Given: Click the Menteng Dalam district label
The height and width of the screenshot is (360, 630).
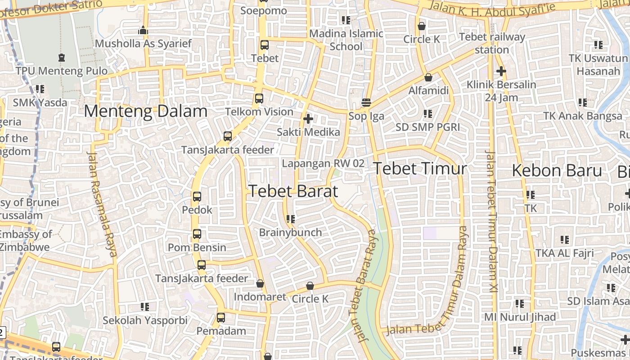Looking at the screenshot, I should (146, 111).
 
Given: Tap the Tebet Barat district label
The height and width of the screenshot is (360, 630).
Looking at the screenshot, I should (293, 191).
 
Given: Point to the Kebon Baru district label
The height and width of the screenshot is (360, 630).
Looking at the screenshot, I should (557, 171).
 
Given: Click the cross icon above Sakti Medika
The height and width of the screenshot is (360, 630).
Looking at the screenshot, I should (308, 119).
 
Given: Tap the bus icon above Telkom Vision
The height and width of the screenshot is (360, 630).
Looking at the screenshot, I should (259, 98).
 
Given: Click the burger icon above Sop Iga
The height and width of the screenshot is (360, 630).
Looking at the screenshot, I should (366, 103).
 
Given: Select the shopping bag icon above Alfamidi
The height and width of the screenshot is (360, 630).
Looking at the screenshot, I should (428, 77).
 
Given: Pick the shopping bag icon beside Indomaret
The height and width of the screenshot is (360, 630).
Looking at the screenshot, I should (260, 283).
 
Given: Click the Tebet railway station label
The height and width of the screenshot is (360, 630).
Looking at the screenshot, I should (492, 43).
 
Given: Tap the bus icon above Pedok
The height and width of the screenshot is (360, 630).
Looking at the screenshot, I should (197, 197).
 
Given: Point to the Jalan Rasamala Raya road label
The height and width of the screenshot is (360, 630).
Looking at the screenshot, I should (102, 203).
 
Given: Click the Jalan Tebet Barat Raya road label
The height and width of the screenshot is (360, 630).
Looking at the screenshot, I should (363, 286).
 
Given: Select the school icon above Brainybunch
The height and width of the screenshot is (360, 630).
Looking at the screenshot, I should (290, 219).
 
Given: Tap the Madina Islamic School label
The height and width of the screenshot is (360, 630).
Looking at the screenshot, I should (346, 40).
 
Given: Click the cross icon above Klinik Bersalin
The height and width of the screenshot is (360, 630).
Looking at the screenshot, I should (501, 71).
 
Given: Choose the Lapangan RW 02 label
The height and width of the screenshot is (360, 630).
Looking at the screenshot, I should (323, 163).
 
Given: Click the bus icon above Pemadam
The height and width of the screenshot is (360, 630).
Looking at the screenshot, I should (221, 317).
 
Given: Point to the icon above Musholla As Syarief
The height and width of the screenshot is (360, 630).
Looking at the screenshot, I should (143, 30).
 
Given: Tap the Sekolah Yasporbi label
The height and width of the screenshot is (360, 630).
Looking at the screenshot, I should (145, 320).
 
